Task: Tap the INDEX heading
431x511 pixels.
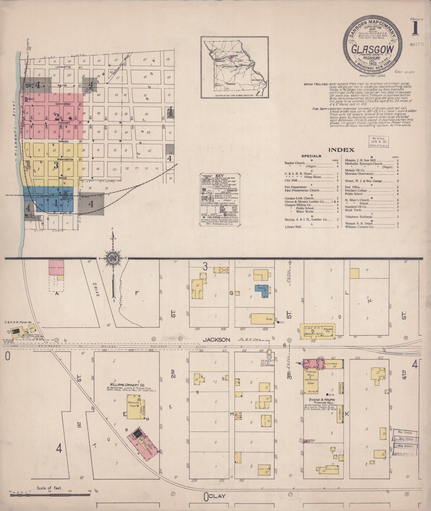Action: [341, 150]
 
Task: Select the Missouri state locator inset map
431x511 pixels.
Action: [234, 67]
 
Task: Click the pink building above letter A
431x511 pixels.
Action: [56, 267]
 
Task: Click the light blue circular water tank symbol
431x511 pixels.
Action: [269, 357]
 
